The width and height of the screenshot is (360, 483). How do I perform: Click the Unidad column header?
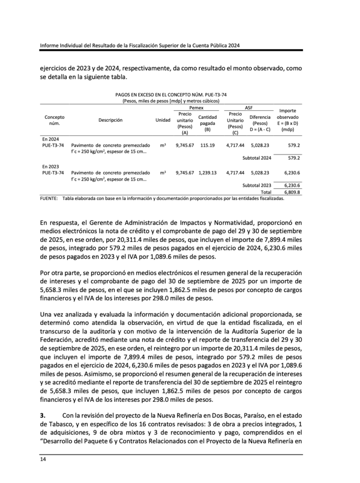pyautogui.click(x=163, y=120)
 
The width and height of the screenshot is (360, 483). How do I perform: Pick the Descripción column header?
pyautogui.click(x=110, y=120)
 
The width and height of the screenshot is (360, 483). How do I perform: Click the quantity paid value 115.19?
pyautogui.click(x=207, y=146)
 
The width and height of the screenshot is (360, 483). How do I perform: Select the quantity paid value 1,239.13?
pyautogui.click(x=207, y=173)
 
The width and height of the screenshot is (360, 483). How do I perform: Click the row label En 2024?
pyautogui.click(x=49, y=139)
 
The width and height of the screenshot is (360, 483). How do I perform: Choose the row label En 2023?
pyautogui.click(x=49, y=167)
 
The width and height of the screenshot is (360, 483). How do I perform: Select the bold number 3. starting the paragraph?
pyautogui.click(x=42, y=416)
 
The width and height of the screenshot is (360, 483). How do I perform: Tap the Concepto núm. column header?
pyautogui.click(x=54, y=120)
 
